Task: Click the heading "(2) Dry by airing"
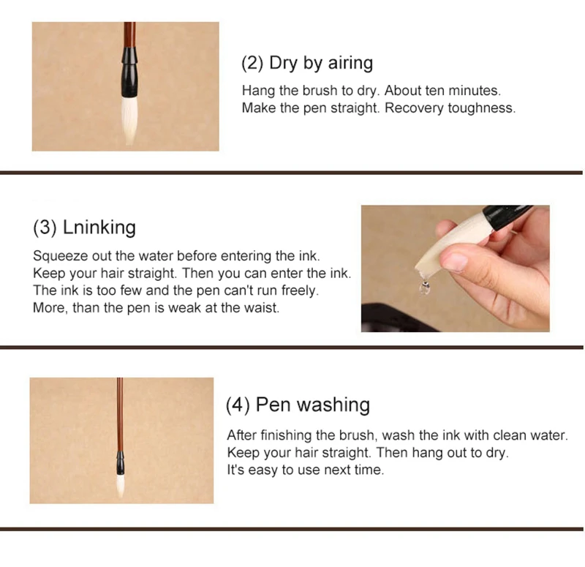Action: pos(307,63)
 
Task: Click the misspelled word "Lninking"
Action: pos(99,228)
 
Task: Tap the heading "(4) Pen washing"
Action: pos(298,405)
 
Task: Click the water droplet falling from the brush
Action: pos(425,287)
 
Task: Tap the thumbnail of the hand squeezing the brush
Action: pos(455,269)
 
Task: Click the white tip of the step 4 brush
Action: pos(120,485)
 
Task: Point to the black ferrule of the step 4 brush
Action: pos(120,463)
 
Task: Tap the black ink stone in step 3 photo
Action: pos(396,318)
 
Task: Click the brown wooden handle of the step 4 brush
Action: pos(120,414)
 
